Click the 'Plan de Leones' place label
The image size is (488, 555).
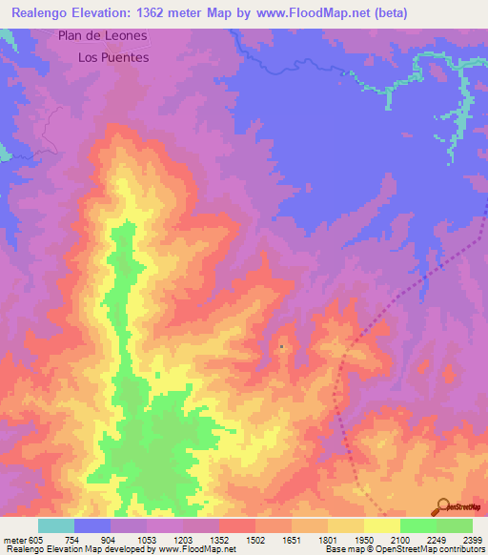(102, 35)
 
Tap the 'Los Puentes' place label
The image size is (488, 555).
(113, 57)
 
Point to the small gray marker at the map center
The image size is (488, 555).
(282, 347)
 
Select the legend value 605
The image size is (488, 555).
(32, 541)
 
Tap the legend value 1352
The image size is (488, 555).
(219, 541)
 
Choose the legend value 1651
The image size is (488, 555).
(292, 541)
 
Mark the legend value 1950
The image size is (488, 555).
(364, 541)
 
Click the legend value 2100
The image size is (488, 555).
(400, 541)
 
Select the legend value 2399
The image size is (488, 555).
(473, 541)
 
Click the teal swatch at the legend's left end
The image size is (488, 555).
(56, 525)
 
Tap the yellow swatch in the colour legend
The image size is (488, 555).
(381, 525)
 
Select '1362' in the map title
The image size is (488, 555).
(167, 12)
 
